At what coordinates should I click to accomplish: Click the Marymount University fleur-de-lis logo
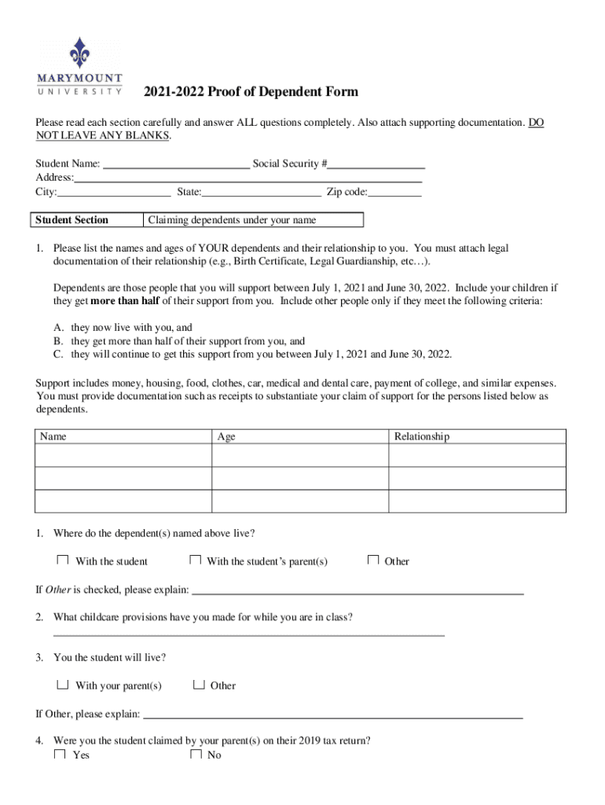(x=79, y=52)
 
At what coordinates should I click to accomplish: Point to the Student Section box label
(x=71, y=220)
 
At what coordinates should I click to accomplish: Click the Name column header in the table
(x=53, y=436)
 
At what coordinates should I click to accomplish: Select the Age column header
(x=226, y=436)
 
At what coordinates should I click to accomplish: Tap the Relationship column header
(x=421, y=436)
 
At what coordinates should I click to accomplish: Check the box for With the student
(x=62, y=560)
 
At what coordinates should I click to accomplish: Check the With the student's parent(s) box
(x=196, y=560)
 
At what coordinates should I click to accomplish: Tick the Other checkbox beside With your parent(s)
(x=199, y=684)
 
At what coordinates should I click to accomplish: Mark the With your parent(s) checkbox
(x=62, y=684)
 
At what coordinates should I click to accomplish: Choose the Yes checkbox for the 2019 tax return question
(x=60, y=754)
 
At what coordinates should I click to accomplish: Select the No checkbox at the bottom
(x=196, y=754)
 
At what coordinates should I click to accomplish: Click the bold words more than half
(x=126, y=301)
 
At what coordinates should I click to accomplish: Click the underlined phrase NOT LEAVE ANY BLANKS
(x=102, y=136)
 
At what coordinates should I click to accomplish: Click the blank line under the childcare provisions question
(x=248, y=634)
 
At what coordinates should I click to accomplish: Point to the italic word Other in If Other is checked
(x=59, y=590)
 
